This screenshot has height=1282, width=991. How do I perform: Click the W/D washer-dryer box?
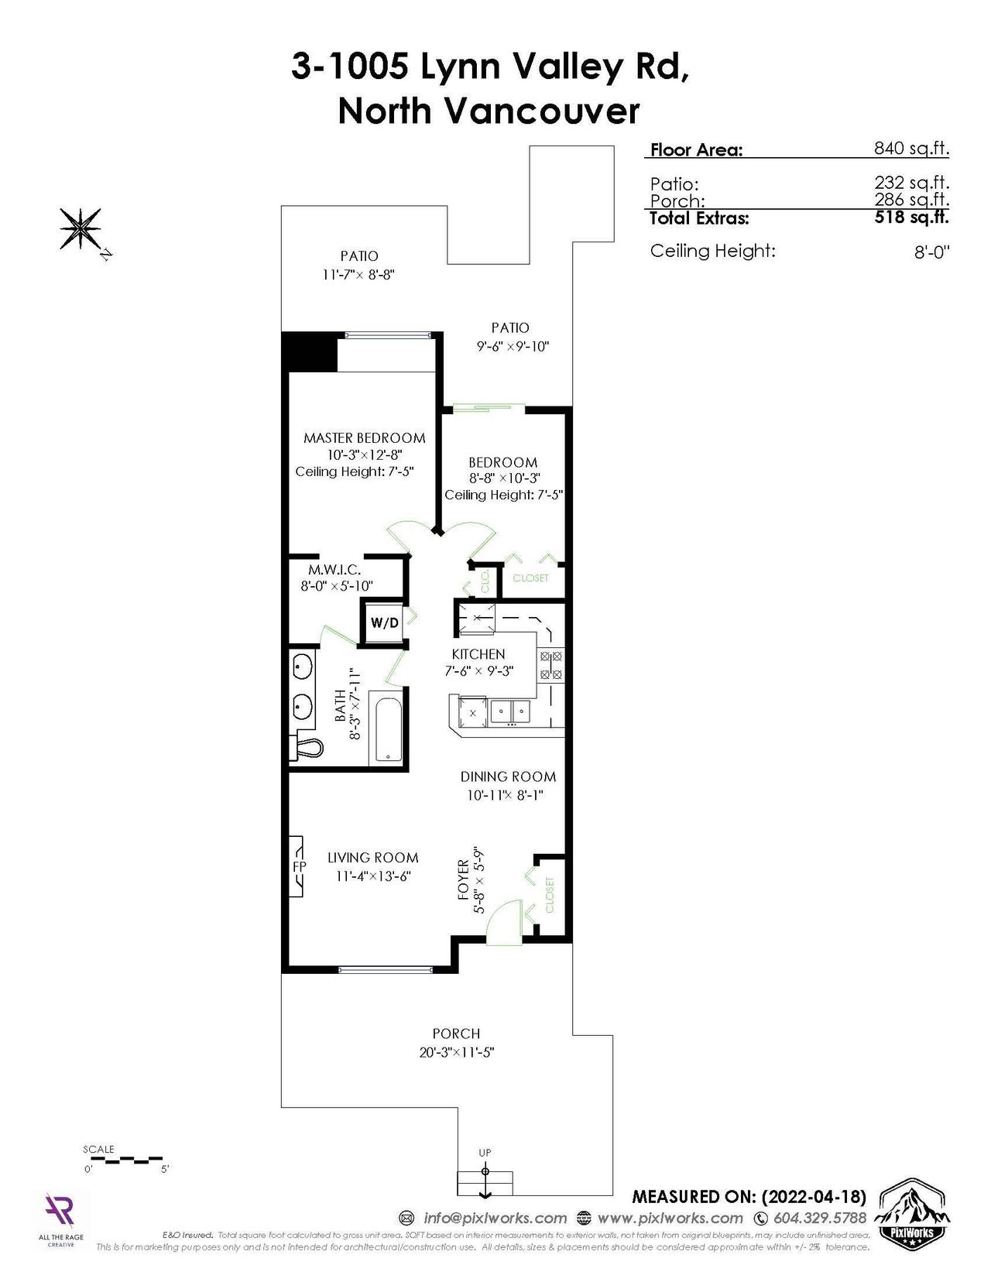385,623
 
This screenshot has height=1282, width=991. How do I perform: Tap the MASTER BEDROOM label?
364,437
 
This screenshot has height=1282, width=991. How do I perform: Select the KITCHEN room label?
478,654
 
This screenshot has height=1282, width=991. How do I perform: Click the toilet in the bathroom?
306,748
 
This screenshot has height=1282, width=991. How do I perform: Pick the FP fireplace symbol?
297,866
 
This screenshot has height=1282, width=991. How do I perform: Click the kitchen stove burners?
550,665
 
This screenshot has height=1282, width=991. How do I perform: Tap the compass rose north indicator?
81,231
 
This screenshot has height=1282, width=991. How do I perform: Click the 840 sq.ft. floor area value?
911,148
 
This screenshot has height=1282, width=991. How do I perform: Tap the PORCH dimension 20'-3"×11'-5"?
457,1052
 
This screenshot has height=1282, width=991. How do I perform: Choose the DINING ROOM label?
508,776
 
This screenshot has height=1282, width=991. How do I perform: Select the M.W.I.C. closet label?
334,570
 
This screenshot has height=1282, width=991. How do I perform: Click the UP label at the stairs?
485,1152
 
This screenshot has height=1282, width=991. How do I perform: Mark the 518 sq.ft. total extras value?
911,217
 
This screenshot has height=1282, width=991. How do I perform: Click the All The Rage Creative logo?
60,1219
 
